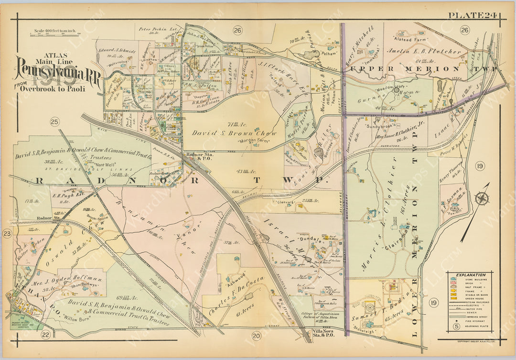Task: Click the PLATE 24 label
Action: tap(473, 15)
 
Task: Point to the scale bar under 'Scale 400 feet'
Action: tap(54, 34)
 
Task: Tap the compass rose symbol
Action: tap(482, 198)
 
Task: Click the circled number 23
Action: tap(7, 233)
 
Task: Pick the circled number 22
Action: tap(46, 334)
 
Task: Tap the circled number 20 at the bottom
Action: tap(257, 336)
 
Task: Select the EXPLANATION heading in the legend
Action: tap(470, 275)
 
